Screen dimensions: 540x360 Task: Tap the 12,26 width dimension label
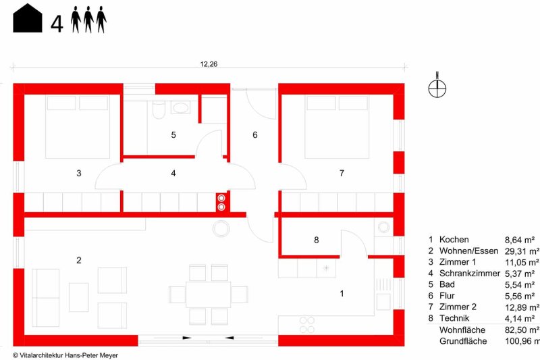tap(209, 64)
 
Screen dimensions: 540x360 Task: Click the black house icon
tap(28, 18)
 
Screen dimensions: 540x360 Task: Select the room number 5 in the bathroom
tap(173, 134)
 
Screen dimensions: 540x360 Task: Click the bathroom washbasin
tap(180, 107)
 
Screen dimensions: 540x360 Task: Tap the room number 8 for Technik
tap(317, 240)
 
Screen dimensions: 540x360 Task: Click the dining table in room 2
tap(209, 294)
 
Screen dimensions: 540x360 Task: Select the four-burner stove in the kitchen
tap(307, 325)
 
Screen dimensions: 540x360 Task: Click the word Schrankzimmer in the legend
tap(470, 273)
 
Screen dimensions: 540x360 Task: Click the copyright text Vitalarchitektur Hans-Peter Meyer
tap(65, 355)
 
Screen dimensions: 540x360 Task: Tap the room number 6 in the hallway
tap(255, 134)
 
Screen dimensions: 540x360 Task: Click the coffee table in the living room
tap(79, 297)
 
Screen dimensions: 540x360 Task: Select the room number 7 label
tap(342, 173)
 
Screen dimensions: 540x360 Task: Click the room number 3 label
tap(79, 173)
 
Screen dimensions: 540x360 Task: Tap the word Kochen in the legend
tap(454, 240)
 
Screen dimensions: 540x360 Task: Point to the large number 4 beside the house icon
tap(57, 24)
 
